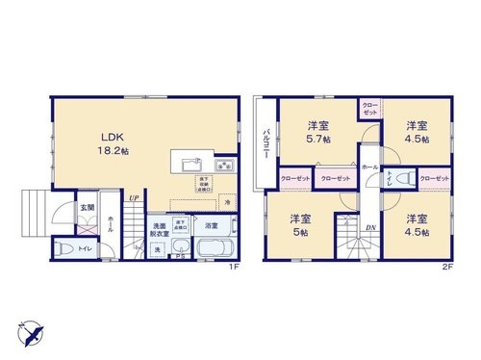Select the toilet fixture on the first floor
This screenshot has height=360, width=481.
click(65, 249)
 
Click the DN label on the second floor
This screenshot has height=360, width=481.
click(369, 227)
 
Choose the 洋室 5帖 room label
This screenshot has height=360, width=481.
click(299, 225)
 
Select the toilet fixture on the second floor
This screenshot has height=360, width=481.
click(402, 178)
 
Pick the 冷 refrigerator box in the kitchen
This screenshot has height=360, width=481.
click(228, 203)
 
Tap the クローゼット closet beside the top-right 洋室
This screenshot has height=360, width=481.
click(370, 107)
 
